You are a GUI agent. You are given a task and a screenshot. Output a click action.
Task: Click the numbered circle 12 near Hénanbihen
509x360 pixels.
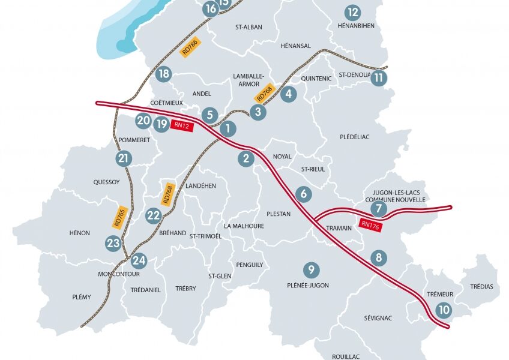click(x=353, y=13)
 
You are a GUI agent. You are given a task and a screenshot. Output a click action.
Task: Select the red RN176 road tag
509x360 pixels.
click(x=370, y=224)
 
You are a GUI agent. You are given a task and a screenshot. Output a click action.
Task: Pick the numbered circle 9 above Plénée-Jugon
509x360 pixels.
click(x=310, y=269)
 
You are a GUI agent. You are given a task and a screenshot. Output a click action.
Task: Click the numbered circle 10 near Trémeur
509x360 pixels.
click(x=444, y=310)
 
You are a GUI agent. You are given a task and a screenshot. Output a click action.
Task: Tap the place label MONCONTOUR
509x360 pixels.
click(x=118, y=274)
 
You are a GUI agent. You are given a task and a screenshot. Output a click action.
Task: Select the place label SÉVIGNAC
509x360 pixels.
click(x=378, y=318)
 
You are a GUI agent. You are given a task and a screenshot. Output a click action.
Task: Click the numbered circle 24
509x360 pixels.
click(x=139, y=260)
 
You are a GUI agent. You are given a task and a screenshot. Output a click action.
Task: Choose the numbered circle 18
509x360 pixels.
click(x=163, y=74)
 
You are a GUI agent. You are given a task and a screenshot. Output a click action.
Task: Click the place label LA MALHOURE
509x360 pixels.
click(x=244, y=226)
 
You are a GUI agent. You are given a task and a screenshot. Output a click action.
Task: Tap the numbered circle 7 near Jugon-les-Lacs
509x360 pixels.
click(x=378, y=209)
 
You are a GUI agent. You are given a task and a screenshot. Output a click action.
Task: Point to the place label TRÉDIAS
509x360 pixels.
click(x=481, y=287)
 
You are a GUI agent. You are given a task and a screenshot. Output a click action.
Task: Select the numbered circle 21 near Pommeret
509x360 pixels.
click(x=124, y=159)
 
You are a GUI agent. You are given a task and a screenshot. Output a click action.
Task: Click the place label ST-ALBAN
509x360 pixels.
click(x=251, y=28)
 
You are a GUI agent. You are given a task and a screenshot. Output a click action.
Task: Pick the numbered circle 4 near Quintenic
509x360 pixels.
click(x=289, y=94)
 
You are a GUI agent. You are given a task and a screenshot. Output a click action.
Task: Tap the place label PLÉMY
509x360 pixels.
click(x=81, y=297)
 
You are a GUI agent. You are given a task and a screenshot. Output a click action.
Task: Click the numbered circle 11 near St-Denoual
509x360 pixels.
click(x=378, y=78)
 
